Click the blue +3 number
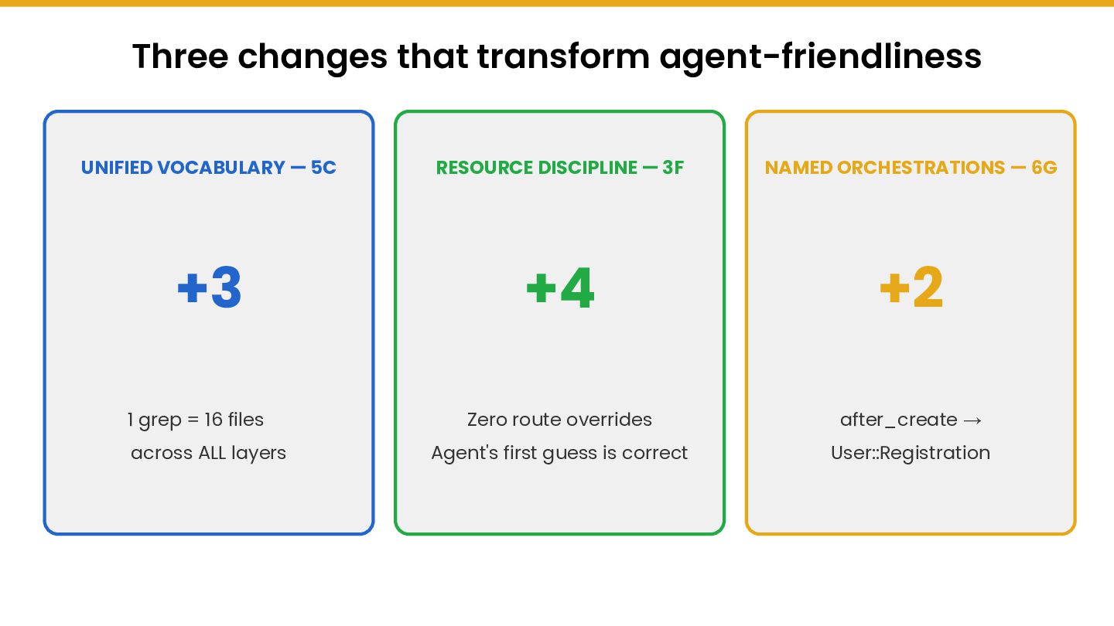[x=209, y=289]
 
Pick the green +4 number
[x=559, y=289]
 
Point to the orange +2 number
[x=911, y=289]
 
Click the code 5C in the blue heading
[x=323, y=168]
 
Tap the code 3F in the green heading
[x=673, y=168]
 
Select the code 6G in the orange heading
[x=1044, y=168]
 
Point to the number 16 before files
[x=214, y=420]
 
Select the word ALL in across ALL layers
[x=212, y=453]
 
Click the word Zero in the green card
[x=488, y=420]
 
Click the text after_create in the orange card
[x=898, y=420]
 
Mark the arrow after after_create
[x=973, y=420]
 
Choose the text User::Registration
[x=911, y=453]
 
